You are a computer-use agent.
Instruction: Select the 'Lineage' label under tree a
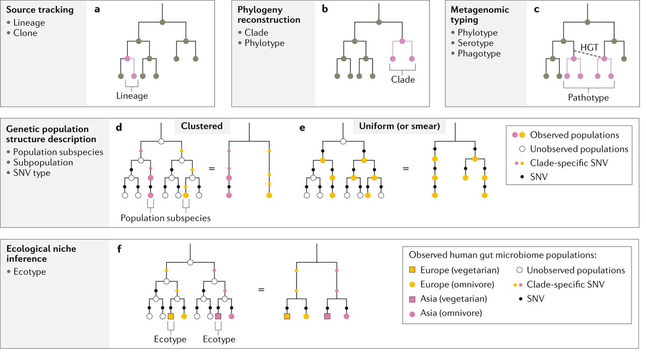[x=132, y=95]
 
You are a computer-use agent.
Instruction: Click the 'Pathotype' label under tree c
[x=588, y=98]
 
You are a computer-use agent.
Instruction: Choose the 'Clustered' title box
[x=202, y=126]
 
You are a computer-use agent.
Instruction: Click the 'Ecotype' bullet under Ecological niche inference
[x=30, y=272]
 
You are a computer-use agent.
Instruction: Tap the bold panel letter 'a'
[x=97, y=10]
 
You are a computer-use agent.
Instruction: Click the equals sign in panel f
[x=262, y=289]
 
